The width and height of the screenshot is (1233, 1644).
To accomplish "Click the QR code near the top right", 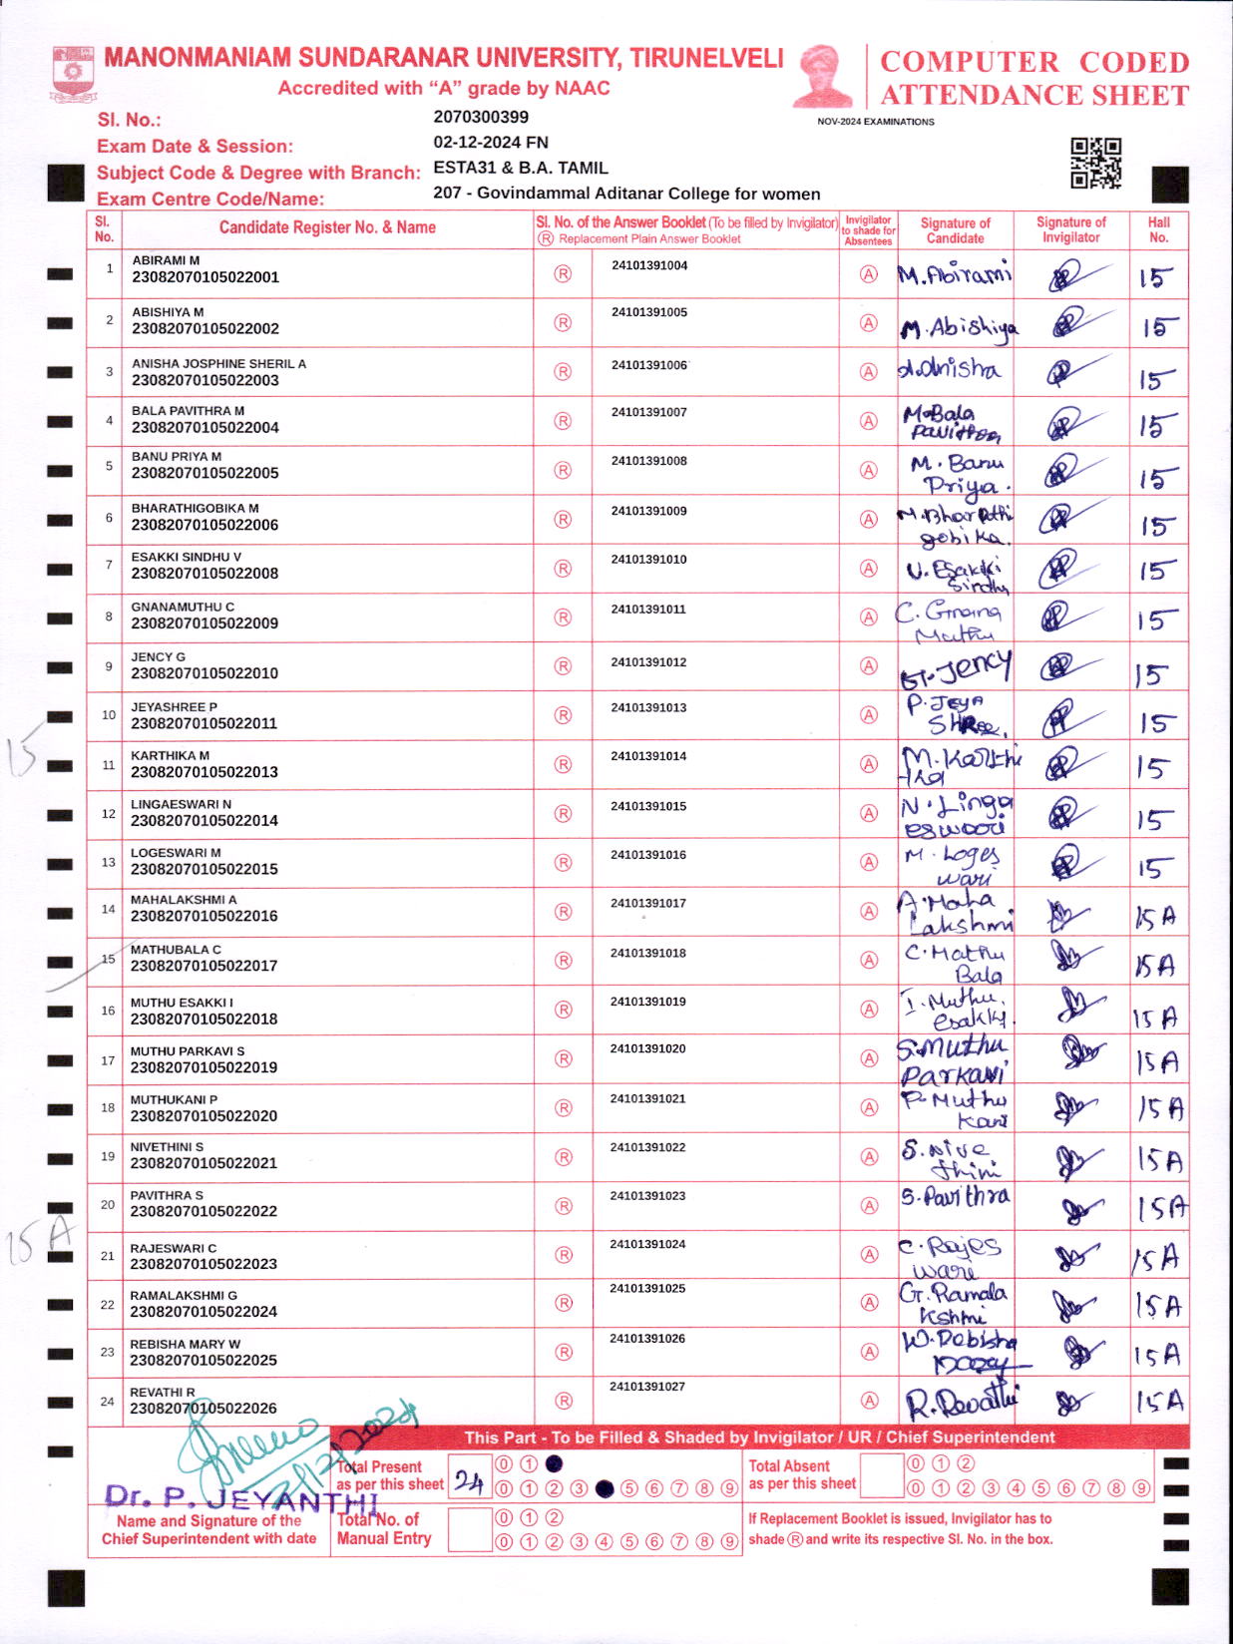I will coord(1095,164).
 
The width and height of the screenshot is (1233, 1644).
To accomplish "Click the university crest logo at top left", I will coord(72,73).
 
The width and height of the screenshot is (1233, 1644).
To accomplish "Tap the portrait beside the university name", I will coord(823,76).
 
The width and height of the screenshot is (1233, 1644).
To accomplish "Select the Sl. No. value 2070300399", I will coord(481,117).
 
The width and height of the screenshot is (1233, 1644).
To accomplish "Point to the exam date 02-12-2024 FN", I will coord(491,143).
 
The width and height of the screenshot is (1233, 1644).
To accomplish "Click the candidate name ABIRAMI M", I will coord(166,260).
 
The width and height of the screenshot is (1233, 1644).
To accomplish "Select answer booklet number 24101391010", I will coord(648,560).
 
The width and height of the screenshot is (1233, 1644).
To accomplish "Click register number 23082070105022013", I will coord(205,772).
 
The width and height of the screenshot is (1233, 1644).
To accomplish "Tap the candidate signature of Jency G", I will coord(955,668).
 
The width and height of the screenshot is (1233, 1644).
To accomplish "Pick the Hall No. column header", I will coord(1158,229).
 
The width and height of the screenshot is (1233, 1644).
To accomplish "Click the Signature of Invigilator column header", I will coord(1070,229).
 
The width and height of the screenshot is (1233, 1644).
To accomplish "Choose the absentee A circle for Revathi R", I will coord(869,1401).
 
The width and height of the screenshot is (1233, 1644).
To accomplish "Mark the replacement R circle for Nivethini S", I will coord(563,1157).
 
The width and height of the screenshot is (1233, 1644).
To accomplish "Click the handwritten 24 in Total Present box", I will coord(469,1481).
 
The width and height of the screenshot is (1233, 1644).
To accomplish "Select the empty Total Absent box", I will coord(881,1475).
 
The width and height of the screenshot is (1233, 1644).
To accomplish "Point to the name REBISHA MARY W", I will coord(185,1344).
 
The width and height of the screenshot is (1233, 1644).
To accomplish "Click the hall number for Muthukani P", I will coord(1160,1108).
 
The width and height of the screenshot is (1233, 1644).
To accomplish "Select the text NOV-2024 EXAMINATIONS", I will coord(876,122).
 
